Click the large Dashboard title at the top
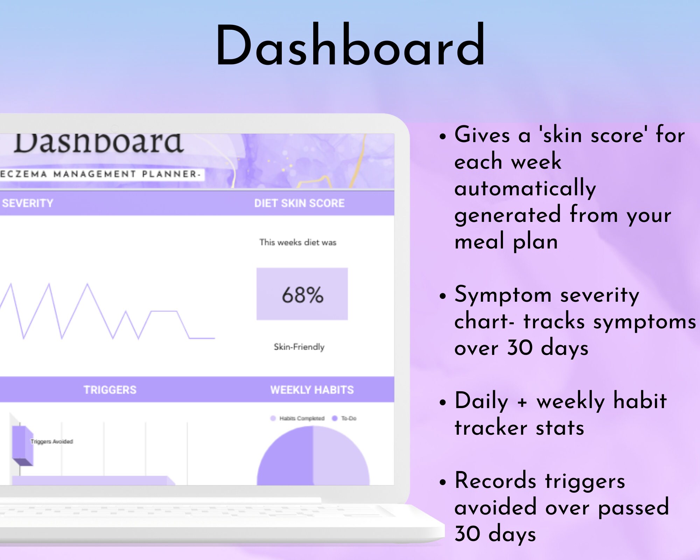(350, 45)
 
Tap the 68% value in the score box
(302, 295)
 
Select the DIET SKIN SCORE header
(299, 203)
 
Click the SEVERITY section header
(27, 203)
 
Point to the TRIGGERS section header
(110, 390)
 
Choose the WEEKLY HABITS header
(312, 390)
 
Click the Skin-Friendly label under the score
(299, 347)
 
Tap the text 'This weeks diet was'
(297, 242)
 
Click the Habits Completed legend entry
(301, 418)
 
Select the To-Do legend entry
(348, 418)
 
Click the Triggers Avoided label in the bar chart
(52, 442)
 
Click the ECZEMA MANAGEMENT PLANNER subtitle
(100, 174)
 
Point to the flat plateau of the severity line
(164, 311)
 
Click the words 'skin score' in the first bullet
(593, 135)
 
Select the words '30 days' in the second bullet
(548, 348)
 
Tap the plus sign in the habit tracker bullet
(522, 402)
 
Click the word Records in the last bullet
(495, 481)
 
